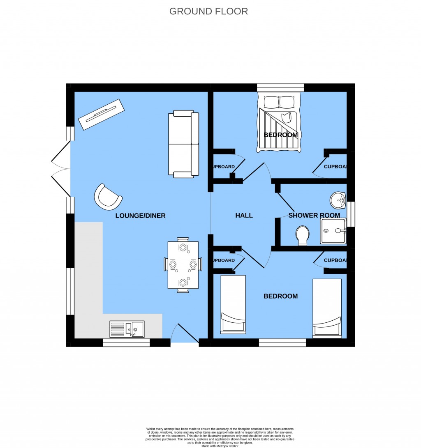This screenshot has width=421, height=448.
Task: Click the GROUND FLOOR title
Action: pos(208,11)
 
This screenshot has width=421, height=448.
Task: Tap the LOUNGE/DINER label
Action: pos(140,216)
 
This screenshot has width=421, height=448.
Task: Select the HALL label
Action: pos(244,215)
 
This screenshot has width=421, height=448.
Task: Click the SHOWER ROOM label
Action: pos(314,215)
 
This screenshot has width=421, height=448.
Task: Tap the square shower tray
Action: pos(333,231)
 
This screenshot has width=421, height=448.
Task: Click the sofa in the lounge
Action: pos(183,144)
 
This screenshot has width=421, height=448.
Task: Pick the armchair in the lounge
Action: pos(108,196)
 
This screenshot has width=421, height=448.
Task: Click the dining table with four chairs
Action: pos(183,265)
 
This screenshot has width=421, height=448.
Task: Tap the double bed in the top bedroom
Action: pos(279,122)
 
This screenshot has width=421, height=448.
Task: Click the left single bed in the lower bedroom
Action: pos(233,303)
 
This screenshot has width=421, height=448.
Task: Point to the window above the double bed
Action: pos(280,87)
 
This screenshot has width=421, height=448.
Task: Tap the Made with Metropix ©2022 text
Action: pos(220,446)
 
